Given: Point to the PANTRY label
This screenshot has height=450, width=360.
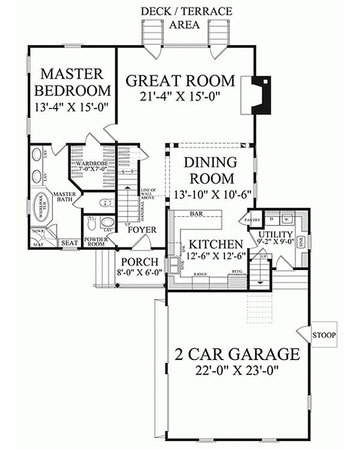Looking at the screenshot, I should click(x=251, y=221).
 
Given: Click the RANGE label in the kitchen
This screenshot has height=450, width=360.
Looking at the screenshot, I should click(x=200, y=274).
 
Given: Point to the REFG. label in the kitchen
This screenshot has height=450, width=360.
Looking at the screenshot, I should click(x=237, y=272).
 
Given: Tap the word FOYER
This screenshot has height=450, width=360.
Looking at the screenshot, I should click(x=142, y=230).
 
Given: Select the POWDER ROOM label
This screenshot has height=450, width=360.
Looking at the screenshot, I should click(x=95, y=242).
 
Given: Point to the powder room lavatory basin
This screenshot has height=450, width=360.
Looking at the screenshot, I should click(x=106, y=221).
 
